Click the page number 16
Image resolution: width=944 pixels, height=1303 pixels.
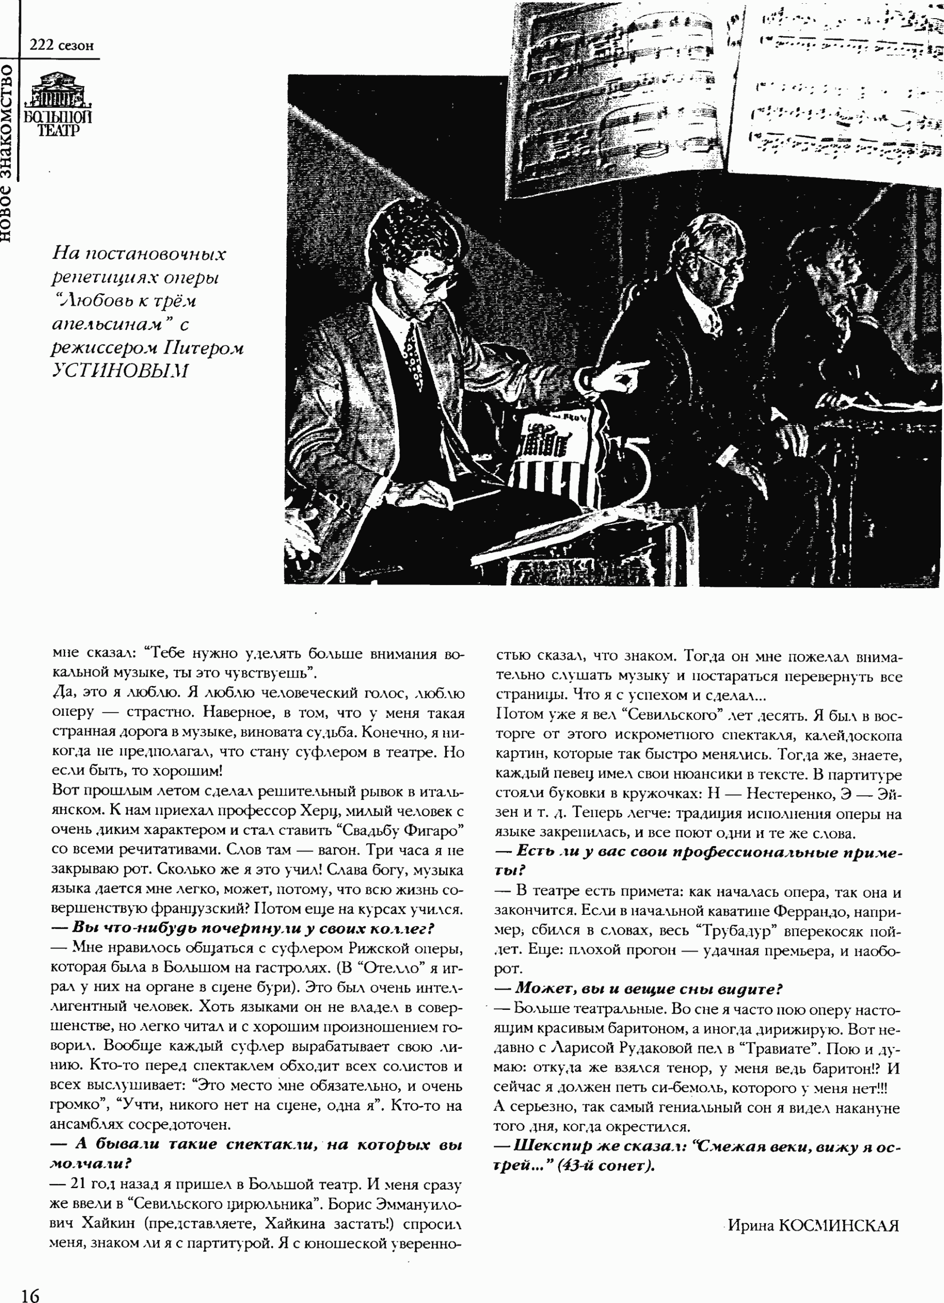pos(30,1293)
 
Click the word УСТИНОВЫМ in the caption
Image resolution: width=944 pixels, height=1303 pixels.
pos(120,370)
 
